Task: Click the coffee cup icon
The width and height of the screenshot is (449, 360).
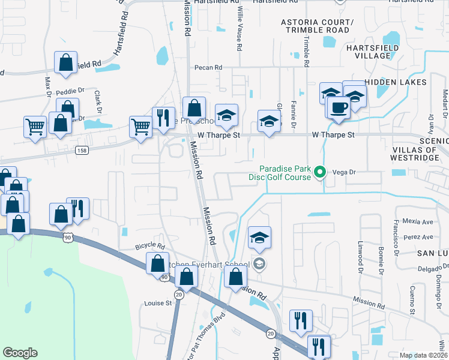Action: point(339,108)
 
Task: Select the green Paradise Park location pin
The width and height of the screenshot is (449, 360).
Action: point(321,173)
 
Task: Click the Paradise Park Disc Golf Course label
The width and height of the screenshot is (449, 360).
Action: point(280,173)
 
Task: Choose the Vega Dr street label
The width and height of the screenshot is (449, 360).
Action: point(345,172)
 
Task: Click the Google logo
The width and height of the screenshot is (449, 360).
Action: point(20,353)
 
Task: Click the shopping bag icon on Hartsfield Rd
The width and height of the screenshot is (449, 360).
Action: point(65,62)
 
